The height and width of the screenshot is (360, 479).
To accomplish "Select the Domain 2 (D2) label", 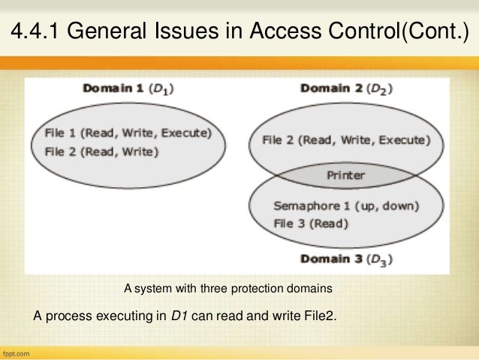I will pyautogui.click(x=346, y=89).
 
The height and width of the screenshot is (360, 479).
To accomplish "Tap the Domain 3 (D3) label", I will pyautogui.click(x=347, y=259).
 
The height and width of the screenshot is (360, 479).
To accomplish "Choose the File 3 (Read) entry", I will pyautogui.click(x=311, y=222).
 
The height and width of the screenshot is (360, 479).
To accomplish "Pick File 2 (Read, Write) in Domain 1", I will pyautogui.click(x=101, y=151).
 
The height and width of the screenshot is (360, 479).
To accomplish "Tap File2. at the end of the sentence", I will pyautogui.click(x=318, y=315).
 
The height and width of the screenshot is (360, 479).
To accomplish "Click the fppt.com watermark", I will pyautogui.click(x=19, y=352).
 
